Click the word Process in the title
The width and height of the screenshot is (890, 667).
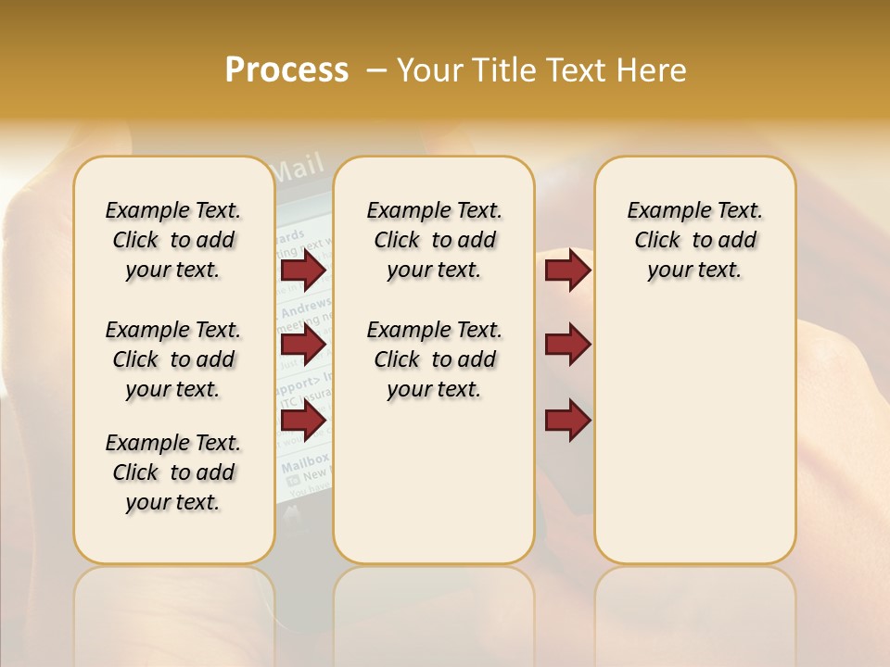286,70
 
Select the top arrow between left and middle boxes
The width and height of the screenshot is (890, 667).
303,270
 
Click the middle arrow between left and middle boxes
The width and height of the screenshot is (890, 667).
303,346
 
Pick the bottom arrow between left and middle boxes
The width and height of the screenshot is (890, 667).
303,421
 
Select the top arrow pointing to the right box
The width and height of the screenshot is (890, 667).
567,270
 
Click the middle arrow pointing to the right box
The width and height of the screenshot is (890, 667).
567,346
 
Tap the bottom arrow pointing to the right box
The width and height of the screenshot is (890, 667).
567,421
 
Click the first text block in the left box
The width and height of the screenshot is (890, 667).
173,240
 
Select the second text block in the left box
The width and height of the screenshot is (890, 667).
173,359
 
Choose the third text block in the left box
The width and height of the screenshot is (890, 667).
173,472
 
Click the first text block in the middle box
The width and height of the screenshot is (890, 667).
434,240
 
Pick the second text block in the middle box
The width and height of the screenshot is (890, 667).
434,359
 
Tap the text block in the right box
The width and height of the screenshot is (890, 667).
694,240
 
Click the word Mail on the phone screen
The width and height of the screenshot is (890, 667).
297,168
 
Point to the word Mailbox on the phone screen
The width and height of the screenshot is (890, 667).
305,459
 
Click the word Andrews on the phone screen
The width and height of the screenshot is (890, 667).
306,306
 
